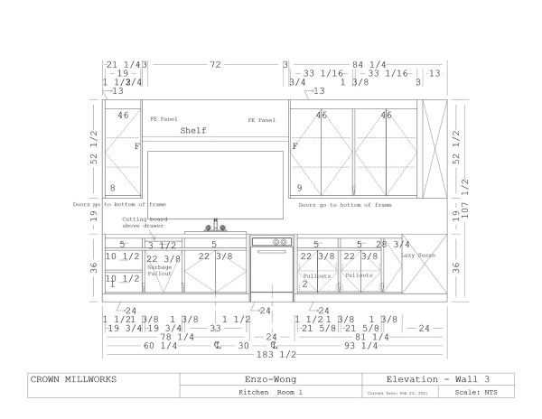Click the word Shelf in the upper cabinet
coord(192,131)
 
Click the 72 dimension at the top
coord(215,65)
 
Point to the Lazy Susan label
coord(419,256)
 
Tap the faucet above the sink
coord(216,225)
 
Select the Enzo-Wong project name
coord(270,379)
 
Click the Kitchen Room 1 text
coord(270,394)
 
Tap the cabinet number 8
coord(113,188)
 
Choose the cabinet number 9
coord(299,188)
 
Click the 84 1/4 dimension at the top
coord(369,65)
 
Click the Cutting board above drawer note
coord(146,223)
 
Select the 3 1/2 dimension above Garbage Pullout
coord(164,245)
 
